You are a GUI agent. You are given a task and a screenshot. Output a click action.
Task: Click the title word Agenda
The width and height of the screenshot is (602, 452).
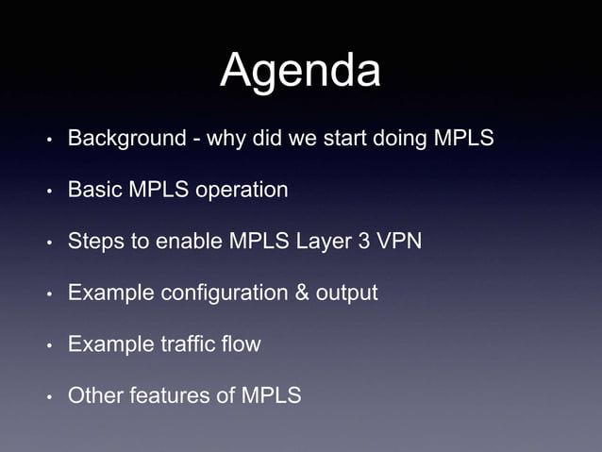[300, 73]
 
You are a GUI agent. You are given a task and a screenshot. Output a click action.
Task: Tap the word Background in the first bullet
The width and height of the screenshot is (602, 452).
[126, 140]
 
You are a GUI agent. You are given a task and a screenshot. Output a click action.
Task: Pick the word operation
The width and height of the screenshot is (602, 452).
[242, 192]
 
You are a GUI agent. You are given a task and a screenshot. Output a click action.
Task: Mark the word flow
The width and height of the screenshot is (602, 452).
[239, 344]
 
